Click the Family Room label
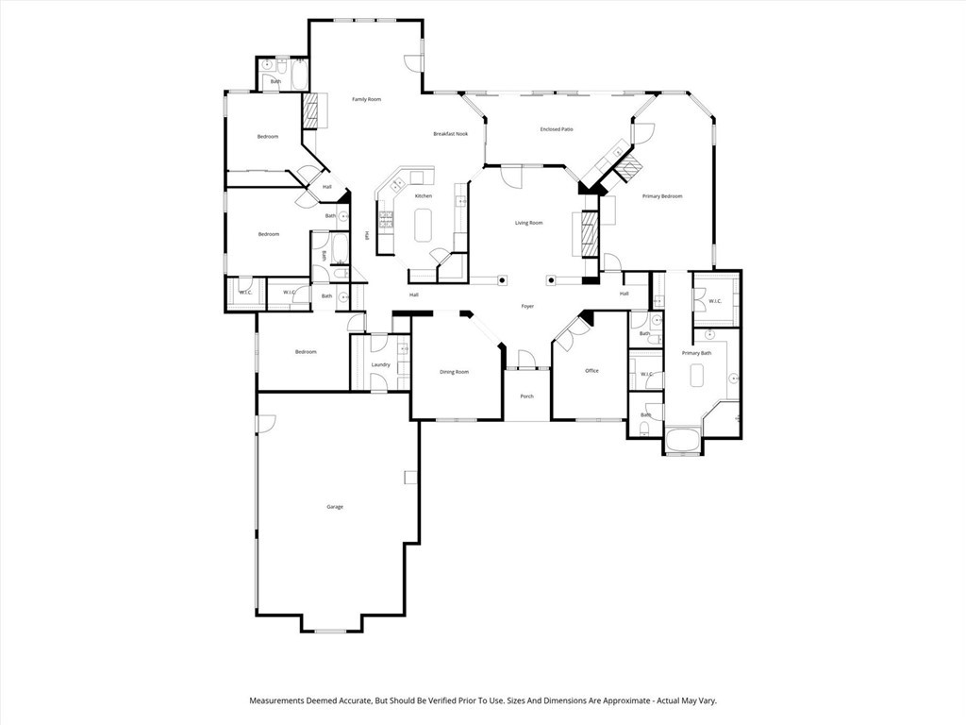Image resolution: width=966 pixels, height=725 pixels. click(x=366, y=99)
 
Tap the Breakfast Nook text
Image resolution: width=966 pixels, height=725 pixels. click(x=450, y=134)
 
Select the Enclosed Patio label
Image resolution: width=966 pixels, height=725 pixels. click(x=557, y=129)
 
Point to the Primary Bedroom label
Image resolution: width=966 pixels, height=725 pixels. click(x=661, y=196)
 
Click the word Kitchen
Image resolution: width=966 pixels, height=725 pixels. click(x=424, y=196)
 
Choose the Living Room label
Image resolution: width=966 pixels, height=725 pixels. click(x=528, y=223)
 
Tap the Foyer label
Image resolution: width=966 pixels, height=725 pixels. click(x=527, y=306)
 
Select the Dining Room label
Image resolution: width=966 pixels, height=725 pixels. click(x=454, y=372)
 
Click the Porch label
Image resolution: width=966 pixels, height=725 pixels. click(x=526, y=396)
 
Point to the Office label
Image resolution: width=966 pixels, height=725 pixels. click(x=591, y=371)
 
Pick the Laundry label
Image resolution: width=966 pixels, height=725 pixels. click(x=380, y=364)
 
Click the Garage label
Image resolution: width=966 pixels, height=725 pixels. click(x=334, y=507)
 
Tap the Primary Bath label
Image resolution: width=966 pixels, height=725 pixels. click(x=696, y=353)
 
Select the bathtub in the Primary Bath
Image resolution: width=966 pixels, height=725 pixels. click(x=682, y=441)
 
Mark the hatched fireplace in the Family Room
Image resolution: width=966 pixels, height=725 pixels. click(x=309, y=111)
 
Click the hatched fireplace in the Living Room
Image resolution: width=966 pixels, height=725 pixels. click(x=589, y=233)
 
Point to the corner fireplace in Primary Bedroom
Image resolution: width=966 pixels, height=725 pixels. click(x=627, y=167)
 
